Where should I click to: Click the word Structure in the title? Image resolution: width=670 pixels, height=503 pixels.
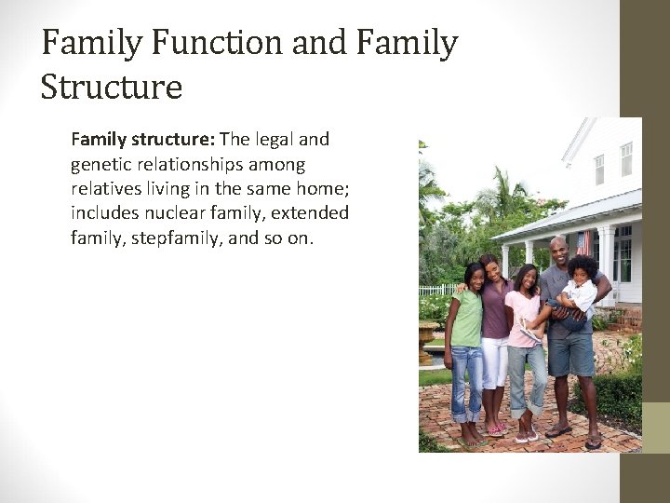tap(112, 88)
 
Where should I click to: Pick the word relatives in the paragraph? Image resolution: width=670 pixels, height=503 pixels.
tap(106, 188)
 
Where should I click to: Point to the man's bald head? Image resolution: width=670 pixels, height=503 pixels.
tap(557, 246)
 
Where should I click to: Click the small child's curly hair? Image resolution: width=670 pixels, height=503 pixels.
tap(583, 267)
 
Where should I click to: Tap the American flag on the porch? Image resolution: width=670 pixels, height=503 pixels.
tap(584, 244)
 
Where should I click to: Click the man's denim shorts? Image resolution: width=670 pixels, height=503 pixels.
tap(569, 349)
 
